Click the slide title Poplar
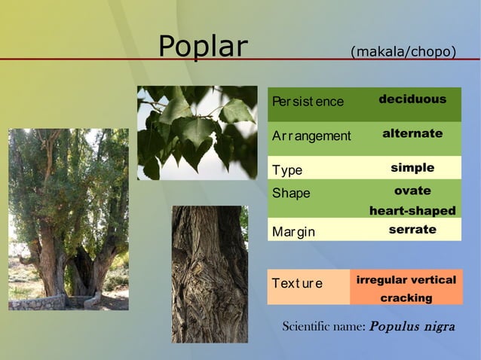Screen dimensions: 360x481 (x=202, y=47)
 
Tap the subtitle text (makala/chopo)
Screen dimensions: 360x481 (x=403, y=51)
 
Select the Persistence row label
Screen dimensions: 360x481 (x=308, y=102)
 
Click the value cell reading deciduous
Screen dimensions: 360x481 (x=412, y=99)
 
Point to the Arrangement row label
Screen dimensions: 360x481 (x=311, y=136)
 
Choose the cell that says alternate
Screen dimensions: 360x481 (x=412, y=133)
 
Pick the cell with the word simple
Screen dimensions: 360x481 (x=412, y=167)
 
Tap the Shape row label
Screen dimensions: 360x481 (x=291, y=194)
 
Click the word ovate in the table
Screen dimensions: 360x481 (x=412, y=191)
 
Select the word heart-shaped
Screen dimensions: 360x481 (x=412, y=211)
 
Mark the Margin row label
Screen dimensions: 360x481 (x=294, y=230)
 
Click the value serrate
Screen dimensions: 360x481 (x=412, y=229)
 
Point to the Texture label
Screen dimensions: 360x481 (x=297, y=284)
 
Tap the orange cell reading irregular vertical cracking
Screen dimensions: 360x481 (x=406, y=288)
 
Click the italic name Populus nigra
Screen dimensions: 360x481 (x=412, y=328)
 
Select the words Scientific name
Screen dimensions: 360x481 (x=323, y=328)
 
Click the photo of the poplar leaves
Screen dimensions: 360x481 (x=197, y=133)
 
